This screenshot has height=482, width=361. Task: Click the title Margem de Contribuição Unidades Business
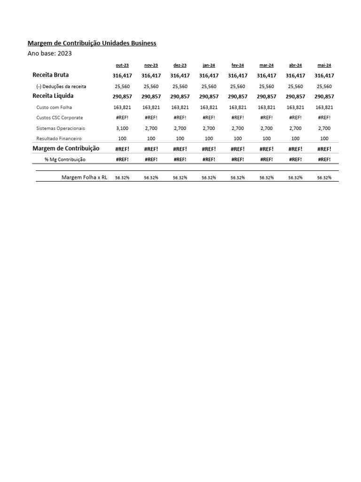click(92, 43)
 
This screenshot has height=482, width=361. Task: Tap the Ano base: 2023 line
click(50, 53)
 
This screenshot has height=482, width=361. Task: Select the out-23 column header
click(122, 65)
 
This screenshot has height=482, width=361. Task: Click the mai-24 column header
click(324, 65)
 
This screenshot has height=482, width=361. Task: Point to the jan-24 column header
click(209, 65)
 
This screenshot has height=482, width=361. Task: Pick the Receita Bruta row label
click(50, 75)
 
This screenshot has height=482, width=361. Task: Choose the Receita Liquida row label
click(53, 96)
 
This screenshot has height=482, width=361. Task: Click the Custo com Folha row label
click(55, 107)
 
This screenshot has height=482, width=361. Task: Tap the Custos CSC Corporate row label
click(60, 118)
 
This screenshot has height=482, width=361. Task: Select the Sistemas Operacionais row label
click(61, 128)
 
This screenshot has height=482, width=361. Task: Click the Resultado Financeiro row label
click(59, 138)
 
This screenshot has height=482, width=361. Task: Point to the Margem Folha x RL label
click(85, 177)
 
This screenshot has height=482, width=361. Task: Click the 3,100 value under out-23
click(122, 128)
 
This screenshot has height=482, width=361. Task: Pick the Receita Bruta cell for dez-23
click(180, 75)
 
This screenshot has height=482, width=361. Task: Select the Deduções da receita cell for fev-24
click(238, 86)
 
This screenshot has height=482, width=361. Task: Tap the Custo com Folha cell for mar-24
click(267, 107)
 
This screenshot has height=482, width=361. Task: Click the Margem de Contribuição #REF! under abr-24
click(295, 149)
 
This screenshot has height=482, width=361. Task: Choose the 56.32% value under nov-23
click(151, 178)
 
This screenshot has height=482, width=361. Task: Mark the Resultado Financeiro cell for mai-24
click(324, 138)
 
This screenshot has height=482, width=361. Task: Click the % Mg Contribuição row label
click(65, 160)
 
